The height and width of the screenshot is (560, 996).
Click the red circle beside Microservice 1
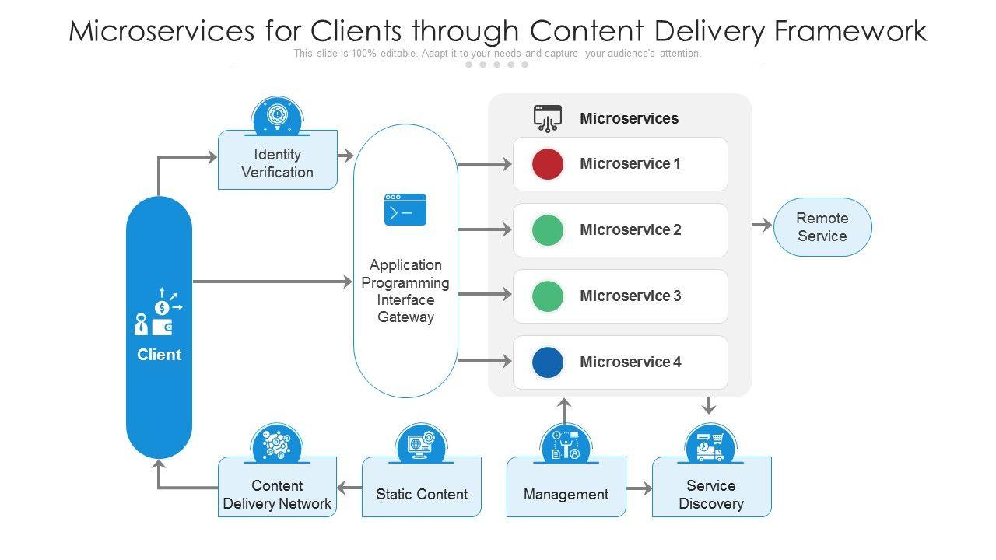(x=547, y=164)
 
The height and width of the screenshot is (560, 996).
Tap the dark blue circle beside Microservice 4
(x=547, y=362)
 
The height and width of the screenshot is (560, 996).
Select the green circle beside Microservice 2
(x=547, y=230)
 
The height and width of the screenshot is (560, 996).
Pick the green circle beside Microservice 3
(x=547, y=296)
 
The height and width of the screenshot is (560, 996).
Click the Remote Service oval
(x=822, y=227)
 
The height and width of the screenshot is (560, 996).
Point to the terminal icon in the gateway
(x=405, y=209)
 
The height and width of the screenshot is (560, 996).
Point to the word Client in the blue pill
(x=159, y=355)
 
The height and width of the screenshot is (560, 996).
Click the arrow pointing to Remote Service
(x=762, y=226)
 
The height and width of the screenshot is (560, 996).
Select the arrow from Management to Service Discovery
(x=639, y=488)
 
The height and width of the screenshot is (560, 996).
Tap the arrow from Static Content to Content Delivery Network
(x=349, y=488)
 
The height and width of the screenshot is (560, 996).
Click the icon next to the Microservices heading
(x=547, y=118)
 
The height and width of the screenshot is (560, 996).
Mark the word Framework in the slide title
(x=850, y=31)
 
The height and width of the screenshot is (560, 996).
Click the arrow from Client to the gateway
(x=272, y=282)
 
